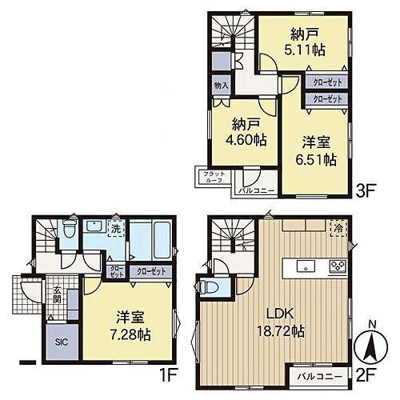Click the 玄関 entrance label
tap(57, 297)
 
